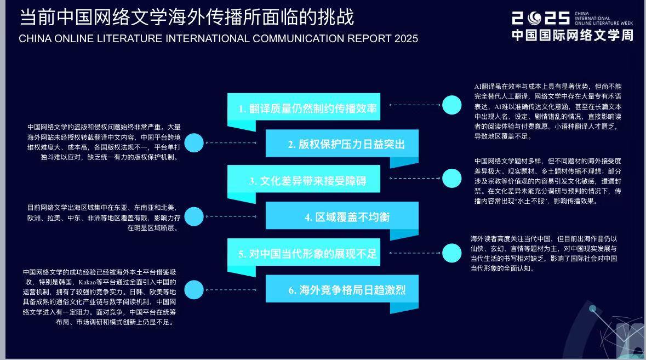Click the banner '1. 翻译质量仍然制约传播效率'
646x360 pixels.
coord(304,107)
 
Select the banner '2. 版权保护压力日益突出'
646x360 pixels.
coord(342,144)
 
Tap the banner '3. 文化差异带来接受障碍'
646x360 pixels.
coord(304,179)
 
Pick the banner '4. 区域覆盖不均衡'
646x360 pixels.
coord(342,216)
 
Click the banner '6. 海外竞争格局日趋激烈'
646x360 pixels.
coord(342,289)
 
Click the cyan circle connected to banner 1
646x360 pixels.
coord(452,105)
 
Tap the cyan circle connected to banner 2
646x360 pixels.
coord(194,143)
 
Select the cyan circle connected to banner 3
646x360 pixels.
coord(452,178)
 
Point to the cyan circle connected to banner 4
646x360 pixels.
coord(194,216)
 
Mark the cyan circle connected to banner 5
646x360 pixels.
coord(452,253)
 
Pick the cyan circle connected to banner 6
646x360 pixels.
coord(194,289)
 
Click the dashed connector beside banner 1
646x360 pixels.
coord(415,105)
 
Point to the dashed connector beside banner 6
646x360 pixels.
coord(231,289)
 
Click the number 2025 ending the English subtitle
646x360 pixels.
coord(406,39)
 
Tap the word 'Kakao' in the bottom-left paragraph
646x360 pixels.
coord(87,282)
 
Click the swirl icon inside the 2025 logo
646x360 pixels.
coord(535,18)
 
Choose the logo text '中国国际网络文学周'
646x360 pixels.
coord(572,36)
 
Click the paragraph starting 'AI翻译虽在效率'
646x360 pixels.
coord(548,111)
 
